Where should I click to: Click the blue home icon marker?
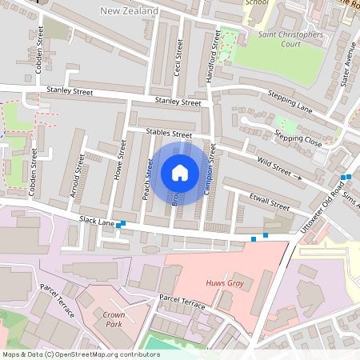click(x=180, y=172)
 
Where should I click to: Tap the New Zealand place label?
click(x=129, y=10)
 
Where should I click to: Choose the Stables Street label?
click(x=169, y=133)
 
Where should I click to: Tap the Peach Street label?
click(x=148, y=178)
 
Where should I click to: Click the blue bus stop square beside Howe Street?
click(x=121, y=226)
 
